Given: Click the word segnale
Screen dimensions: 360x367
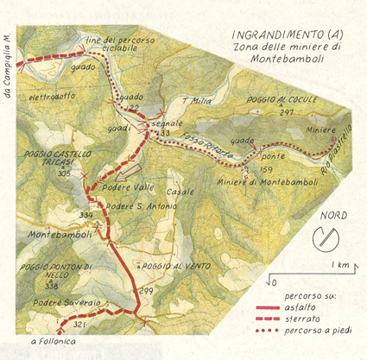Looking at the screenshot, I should [x=172, y=123].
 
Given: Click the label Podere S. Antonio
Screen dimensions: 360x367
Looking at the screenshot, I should [x=142, y=206].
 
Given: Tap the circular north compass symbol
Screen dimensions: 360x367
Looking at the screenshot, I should [x=330, y=235].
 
